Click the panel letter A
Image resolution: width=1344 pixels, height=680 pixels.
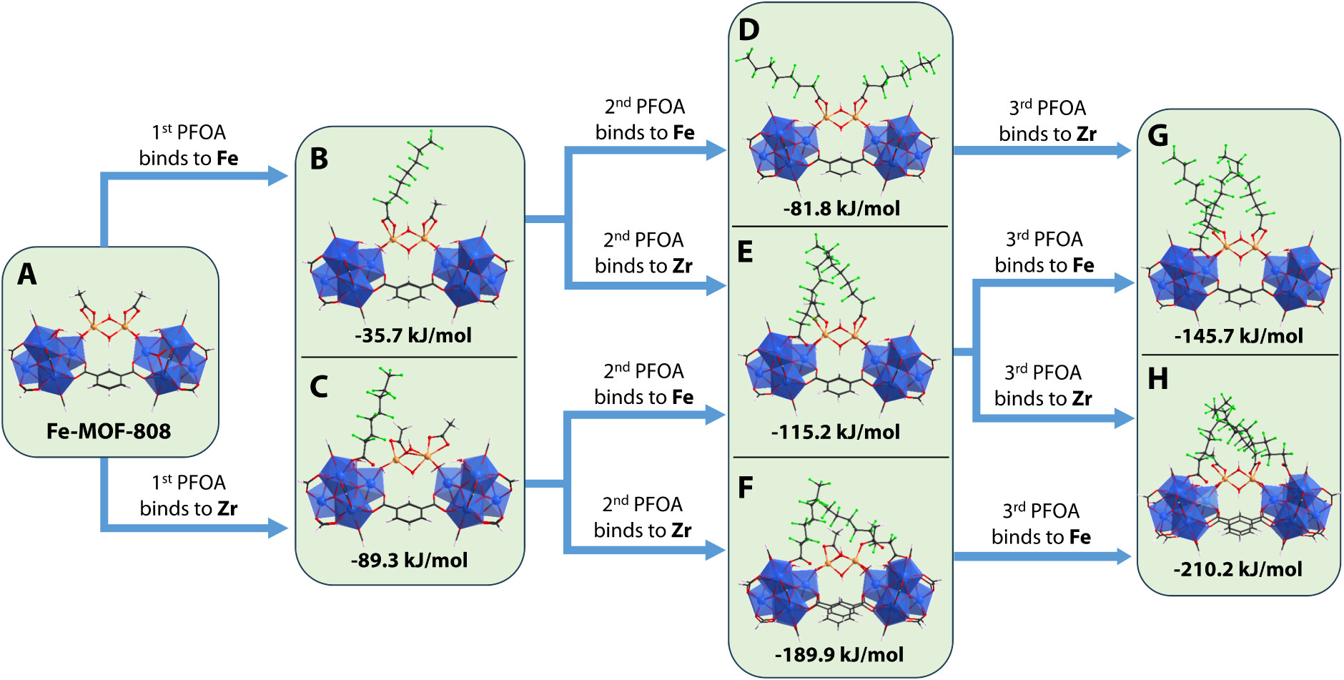pyautogui.click(x=27, y=274)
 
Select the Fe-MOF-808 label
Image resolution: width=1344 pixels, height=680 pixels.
pyautogui.click(x=109, y=431)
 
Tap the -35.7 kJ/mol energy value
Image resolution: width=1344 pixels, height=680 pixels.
pyautogui.click(x=413, y=335)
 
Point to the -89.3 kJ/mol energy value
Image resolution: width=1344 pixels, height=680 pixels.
pyautogui.click(x=409, y=560)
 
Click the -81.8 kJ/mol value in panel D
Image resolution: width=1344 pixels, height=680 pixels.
pyautogui.click(x=841, y=209)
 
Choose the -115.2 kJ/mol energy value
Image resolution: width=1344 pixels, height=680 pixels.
pyautogui.click(x=836, y=432)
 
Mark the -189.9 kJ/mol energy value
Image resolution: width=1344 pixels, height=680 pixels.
pyautogui.click(x=839, y=654)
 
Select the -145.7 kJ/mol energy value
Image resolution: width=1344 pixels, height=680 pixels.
pyautogui.click(x=1238, y=336)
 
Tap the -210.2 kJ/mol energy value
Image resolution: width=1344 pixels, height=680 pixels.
pyautogui.click(x=1237, y=569)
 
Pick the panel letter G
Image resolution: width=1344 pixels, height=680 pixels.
pyautogui.click(x=1157, y=136)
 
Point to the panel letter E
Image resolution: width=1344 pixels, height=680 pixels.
pyautogui.click(x=745, y=252)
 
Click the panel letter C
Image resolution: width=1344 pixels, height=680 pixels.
pyautogui.click(x=319, y=388)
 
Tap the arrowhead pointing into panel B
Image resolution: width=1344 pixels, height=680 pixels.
pyautogui.click(x=279, y=176)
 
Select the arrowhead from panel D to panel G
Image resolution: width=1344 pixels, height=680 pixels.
pyautogui.click(x=1122, y=150)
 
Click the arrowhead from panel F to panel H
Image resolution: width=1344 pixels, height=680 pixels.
pyautogui.click(x=1124, y=556)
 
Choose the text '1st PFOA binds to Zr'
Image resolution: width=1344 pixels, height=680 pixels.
pyautogui.click(x=189, y=496)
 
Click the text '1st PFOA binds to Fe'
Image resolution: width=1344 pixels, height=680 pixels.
pyautogui.click(x=189, y=145)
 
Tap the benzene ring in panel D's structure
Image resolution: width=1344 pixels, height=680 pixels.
pyautogui.click(x=841, y=167)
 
